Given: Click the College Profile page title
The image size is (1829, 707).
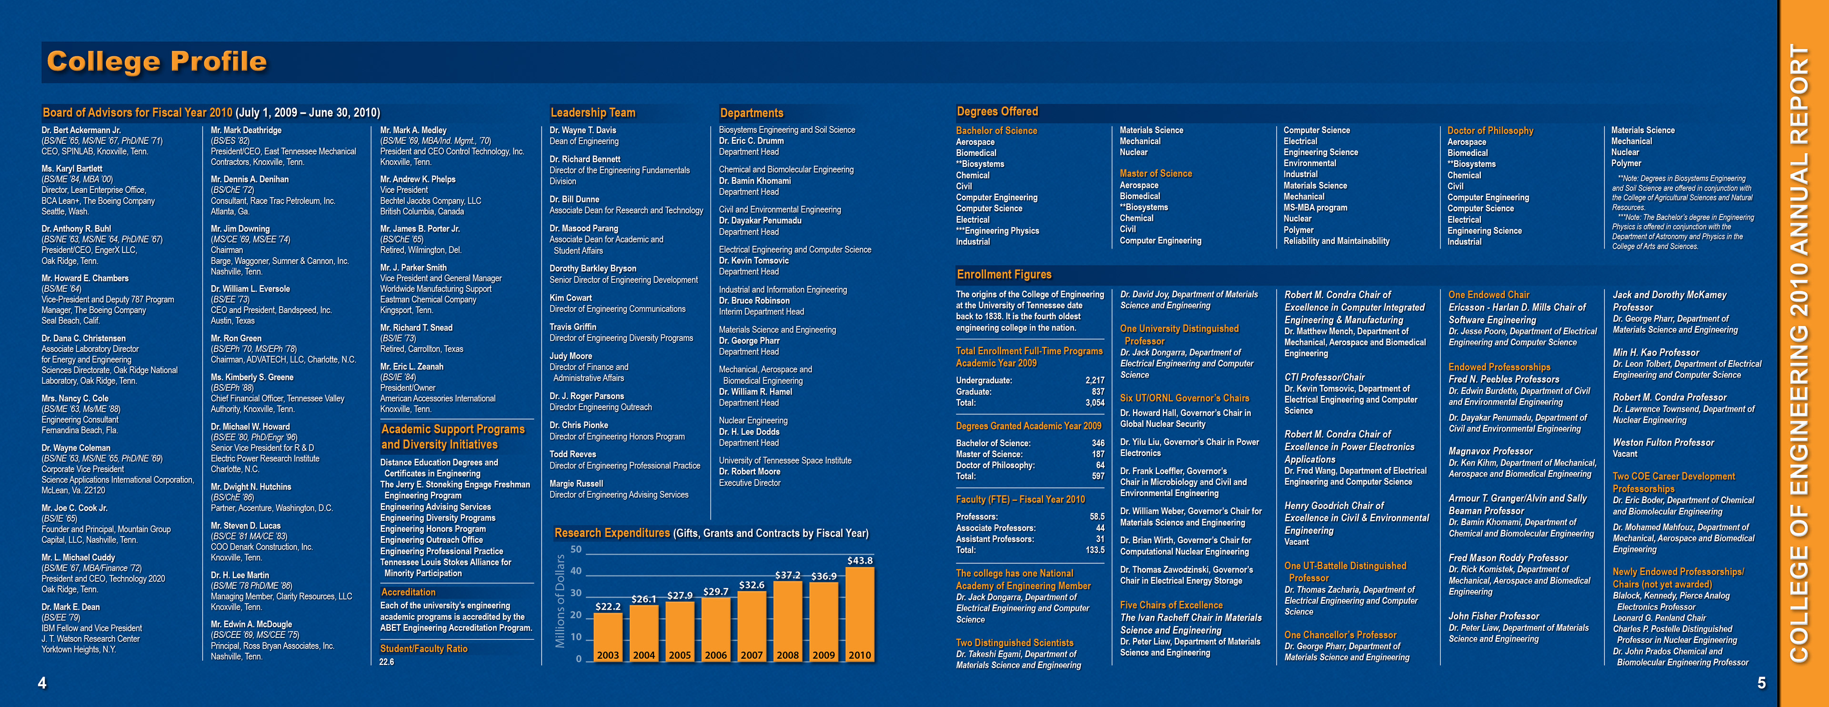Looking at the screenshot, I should [157, 62].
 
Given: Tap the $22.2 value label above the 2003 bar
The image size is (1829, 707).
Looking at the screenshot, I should [608, 606].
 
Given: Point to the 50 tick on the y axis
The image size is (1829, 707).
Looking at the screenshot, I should [576, 549].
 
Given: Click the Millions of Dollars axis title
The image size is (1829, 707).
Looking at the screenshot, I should [560, 601].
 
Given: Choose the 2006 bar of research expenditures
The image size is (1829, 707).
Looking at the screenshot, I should [716, 629].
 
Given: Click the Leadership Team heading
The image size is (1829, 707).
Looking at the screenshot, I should [593, 112].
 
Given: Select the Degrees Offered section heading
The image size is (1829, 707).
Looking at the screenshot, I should [997, 111].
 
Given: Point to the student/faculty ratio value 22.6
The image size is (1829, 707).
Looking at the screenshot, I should [386, 662].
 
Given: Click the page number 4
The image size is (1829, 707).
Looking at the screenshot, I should [42, 683].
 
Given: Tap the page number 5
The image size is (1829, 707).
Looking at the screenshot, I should [1761, 683].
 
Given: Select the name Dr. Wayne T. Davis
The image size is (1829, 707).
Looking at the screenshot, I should [583, 130].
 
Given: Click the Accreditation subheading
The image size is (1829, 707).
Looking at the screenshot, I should [408, 592].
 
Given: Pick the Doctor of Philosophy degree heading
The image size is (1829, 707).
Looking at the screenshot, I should [1490, 131].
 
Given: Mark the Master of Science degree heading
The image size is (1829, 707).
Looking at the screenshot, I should [1155, 173].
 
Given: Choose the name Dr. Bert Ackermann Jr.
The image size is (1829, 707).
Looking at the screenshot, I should [81, 130].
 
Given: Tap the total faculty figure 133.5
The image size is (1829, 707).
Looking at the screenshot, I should [1095, 550].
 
